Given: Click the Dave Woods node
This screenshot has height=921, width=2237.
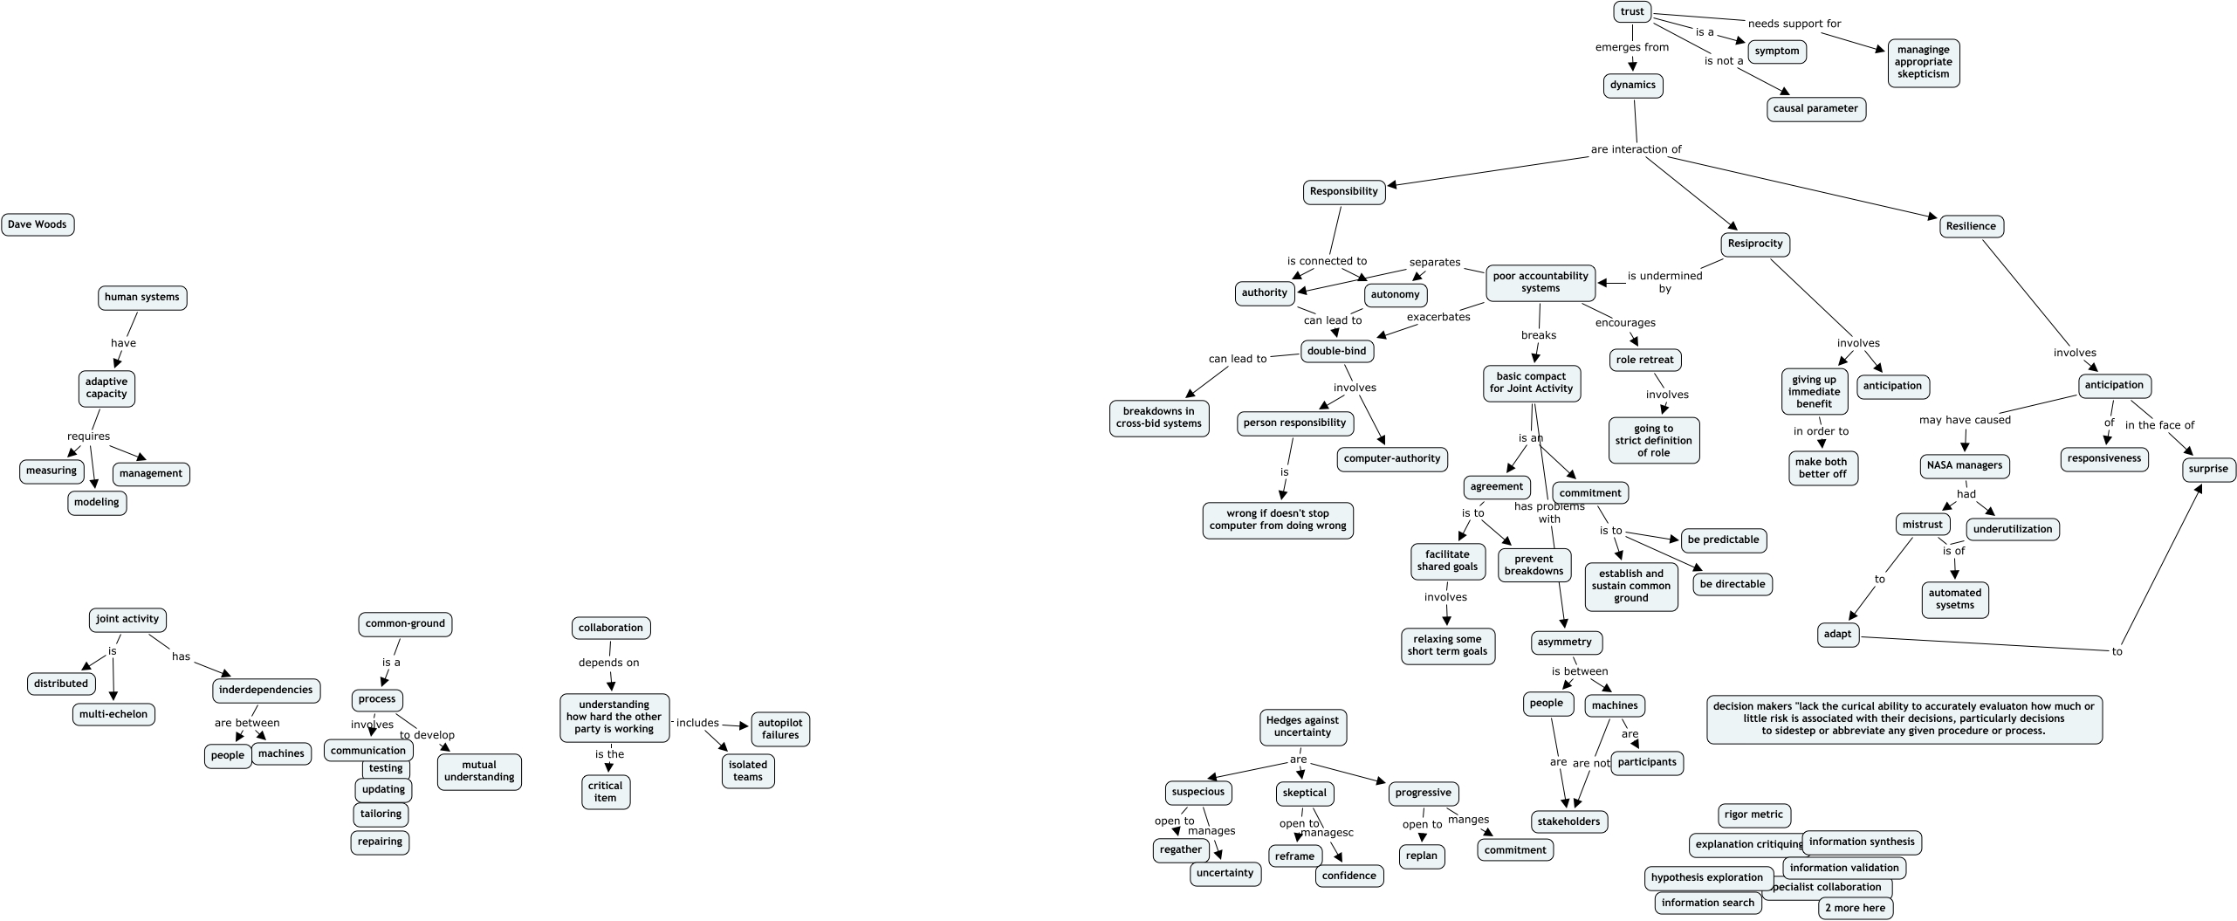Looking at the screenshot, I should [38, 224].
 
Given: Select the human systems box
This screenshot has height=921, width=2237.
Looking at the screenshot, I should [141, 297].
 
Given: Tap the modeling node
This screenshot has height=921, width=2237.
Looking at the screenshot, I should [97, 502].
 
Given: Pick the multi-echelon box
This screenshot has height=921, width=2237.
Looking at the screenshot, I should [113, 714].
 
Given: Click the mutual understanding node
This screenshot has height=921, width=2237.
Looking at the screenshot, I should [479, 771].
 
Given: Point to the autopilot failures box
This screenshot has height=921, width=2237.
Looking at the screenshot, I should [780, 729].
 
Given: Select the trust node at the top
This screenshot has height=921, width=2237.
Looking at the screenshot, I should [1632, 11].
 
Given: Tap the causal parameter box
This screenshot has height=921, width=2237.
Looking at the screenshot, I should [1815, 109].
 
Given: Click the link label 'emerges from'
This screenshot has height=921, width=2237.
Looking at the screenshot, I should [1632, 47].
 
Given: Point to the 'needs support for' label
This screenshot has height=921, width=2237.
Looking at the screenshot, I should [1794, 24].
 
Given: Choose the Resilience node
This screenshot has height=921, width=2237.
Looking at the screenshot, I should [1971, 226].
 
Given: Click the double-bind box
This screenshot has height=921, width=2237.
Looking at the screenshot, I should [1336, 351].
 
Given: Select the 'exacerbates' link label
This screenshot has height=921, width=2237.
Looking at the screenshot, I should [1438, 317].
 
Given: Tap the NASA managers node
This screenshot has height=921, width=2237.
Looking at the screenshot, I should [1965, 465].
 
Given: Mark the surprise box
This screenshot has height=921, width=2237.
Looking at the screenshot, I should [2208, 469].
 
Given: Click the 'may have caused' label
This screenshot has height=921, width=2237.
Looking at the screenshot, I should [1965, 420].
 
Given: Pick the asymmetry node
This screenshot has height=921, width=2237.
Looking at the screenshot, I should [1565, 642].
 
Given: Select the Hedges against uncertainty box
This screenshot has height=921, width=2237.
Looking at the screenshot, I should [1303, 726].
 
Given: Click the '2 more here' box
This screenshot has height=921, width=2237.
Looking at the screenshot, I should [1856, 908].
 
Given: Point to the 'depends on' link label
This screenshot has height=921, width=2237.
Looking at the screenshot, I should [609, 663].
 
